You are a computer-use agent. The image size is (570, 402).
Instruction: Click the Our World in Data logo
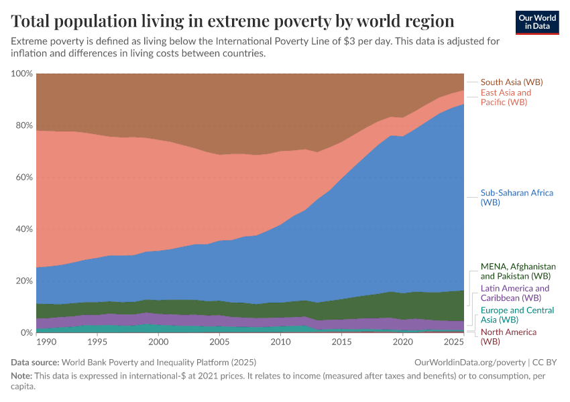[x=537, y=21]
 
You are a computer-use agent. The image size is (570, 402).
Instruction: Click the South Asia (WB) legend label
[x=512, y=82]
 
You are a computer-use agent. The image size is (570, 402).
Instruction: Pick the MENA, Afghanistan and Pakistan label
[x=517, y=271]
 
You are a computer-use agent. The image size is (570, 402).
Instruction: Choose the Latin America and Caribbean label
[x=514, y=293]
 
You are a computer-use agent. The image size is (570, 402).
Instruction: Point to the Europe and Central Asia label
[x=517, y=315]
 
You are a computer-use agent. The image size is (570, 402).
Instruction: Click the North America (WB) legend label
[x=508, y=336]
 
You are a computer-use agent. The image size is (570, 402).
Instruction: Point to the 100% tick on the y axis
[x=22, y=74]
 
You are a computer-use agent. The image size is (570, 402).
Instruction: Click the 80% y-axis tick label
[x=24, y=125]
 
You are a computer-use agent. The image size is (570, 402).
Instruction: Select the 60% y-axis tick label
[x=24, y=178]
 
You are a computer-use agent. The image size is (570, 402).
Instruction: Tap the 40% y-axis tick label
[x=24, y=229]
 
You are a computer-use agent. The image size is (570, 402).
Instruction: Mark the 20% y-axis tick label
[x=24, y=281]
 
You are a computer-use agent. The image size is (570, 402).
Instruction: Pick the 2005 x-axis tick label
[x=219, y=342]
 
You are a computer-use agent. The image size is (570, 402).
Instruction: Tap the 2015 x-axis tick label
[x=341, y=342]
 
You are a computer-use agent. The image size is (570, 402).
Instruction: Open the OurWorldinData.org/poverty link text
[x=467, y=362]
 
